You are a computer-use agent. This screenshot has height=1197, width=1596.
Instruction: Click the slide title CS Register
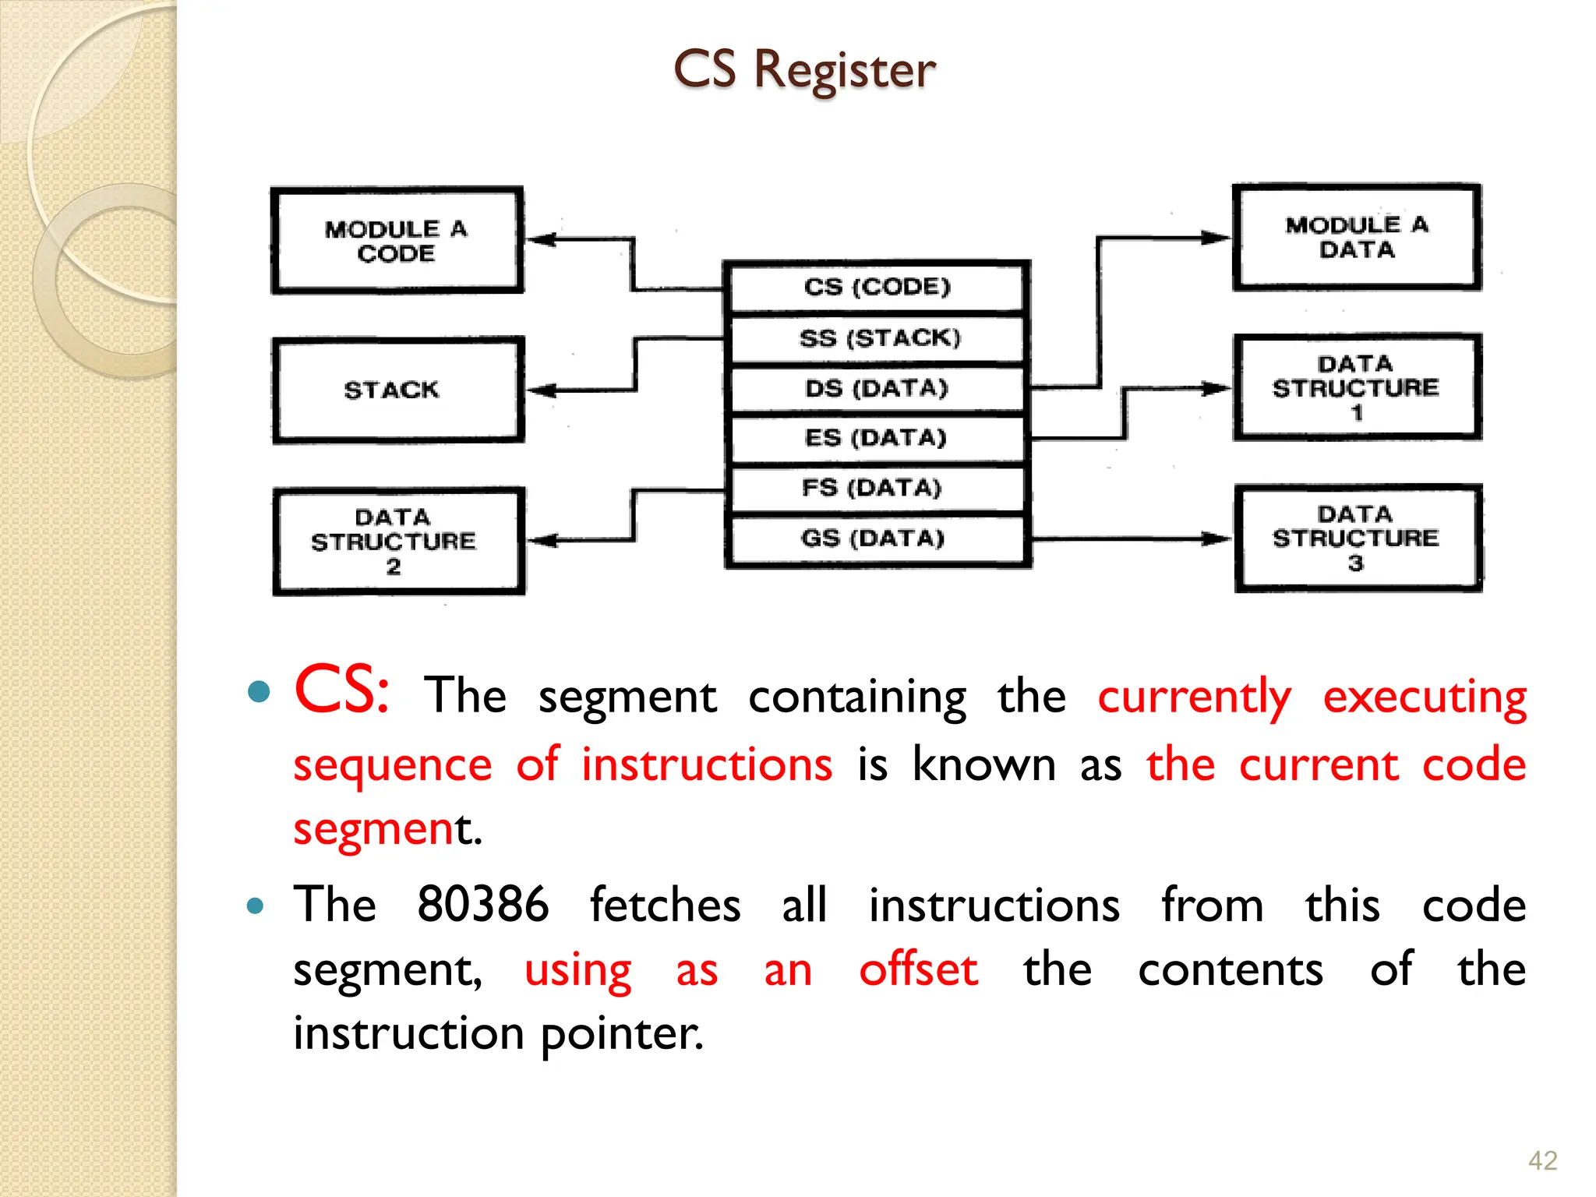[804, 70]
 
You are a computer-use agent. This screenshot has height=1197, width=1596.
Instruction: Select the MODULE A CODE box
[397, 241]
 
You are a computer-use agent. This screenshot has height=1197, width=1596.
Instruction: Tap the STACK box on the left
[397, 390]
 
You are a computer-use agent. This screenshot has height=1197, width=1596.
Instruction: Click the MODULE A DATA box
[1357, 238]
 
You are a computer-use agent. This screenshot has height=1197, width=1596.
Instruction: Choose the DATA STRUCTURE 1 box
[1357, 387]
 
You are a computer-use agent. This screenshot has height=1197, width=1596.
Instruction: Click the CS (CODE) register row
[877, 288]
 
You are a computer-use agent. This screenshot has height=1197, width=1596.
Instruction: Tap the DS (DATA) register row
[877, 388]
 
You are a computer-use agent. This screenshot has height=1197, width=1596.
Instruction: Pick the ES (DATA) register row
[877, 438]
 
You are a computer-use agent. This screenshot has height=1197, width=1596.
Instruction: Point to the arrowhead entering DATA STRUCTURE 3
[1217, 538]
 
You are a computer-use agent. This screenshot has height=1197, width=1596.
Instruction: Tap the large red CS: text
[341, 690]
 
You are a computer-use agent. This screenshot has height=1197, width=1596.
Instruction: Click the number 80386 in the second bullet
[482, 905]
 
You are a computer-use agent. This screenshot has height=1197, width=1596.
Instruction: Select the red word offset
[918, 970]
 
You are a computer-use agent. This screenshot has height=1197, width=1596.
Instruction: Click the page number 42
[1542, 1161]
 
